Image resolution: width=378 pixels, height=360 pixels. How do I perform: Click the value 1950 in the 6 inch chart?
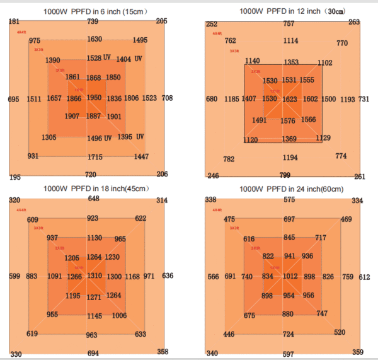coord(94,98)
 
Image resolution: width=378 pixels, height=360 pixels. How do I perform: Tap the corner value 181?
coord(14,22)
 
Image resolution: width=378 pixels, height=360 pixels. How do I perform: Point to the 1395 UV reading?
coord(130,137)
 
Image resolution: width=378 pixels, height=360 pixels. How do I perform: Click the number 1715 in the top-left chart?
coord(94,157)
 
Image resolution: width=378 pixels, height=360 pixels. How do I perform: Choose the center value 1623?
coord(289,99)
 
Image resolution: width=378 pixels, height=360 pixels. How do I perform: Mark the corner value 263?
coord(354,22)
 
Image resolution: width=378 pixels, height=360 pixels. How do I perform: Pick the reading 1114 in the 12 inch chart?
coord(290,41)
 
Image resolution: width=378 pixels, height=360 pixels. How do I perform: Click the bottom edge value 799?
coord(285,175)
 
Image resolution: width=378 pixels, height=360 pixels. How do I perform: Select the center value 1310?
coord(94,276)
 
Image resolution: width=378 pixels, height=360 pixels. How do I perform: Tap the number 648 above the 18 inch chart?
coord(93,199)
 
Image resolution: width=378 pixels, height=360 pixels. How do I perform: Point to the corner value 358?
coord(163,352)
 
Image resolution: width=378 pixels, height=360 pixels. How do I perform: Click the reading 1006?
coord(119,315)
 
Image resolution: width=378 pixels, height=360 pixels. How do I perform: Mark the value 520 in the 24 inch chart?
coord(340,332)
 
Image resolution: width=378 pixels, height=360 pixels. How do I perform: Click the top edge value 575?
coord(289,200)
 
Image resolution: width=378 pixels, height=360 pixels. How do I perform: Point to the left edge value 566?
coord(213,276)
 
